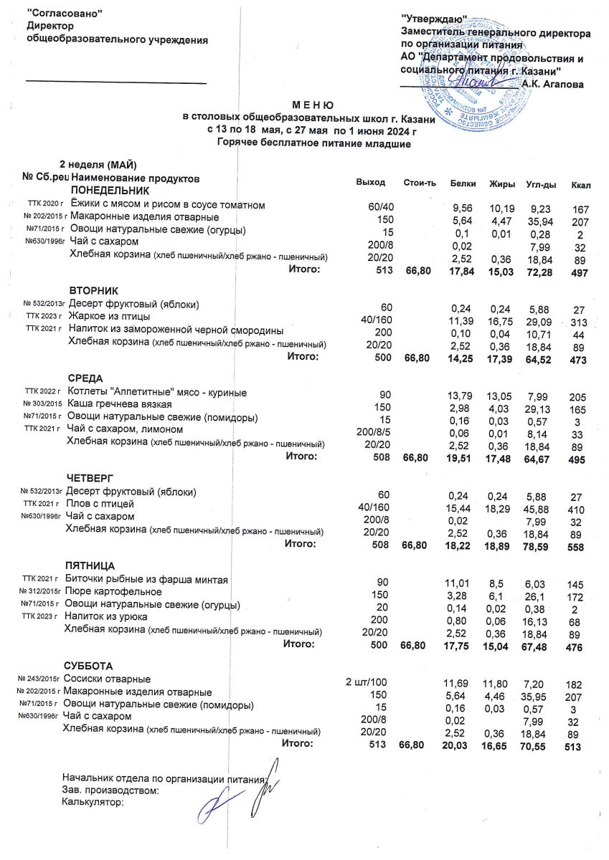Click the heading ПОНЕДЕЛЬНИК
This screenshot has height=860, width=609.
(109, 191)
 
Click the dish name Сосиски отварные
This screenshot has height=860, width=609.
(107, 678)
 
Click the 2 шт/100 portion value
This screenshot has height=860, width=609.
(367, 679)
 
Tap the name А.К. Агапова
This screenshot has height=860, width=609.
(553, 84)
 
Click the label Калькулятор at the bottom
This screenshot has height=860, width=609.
(93, 803)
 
